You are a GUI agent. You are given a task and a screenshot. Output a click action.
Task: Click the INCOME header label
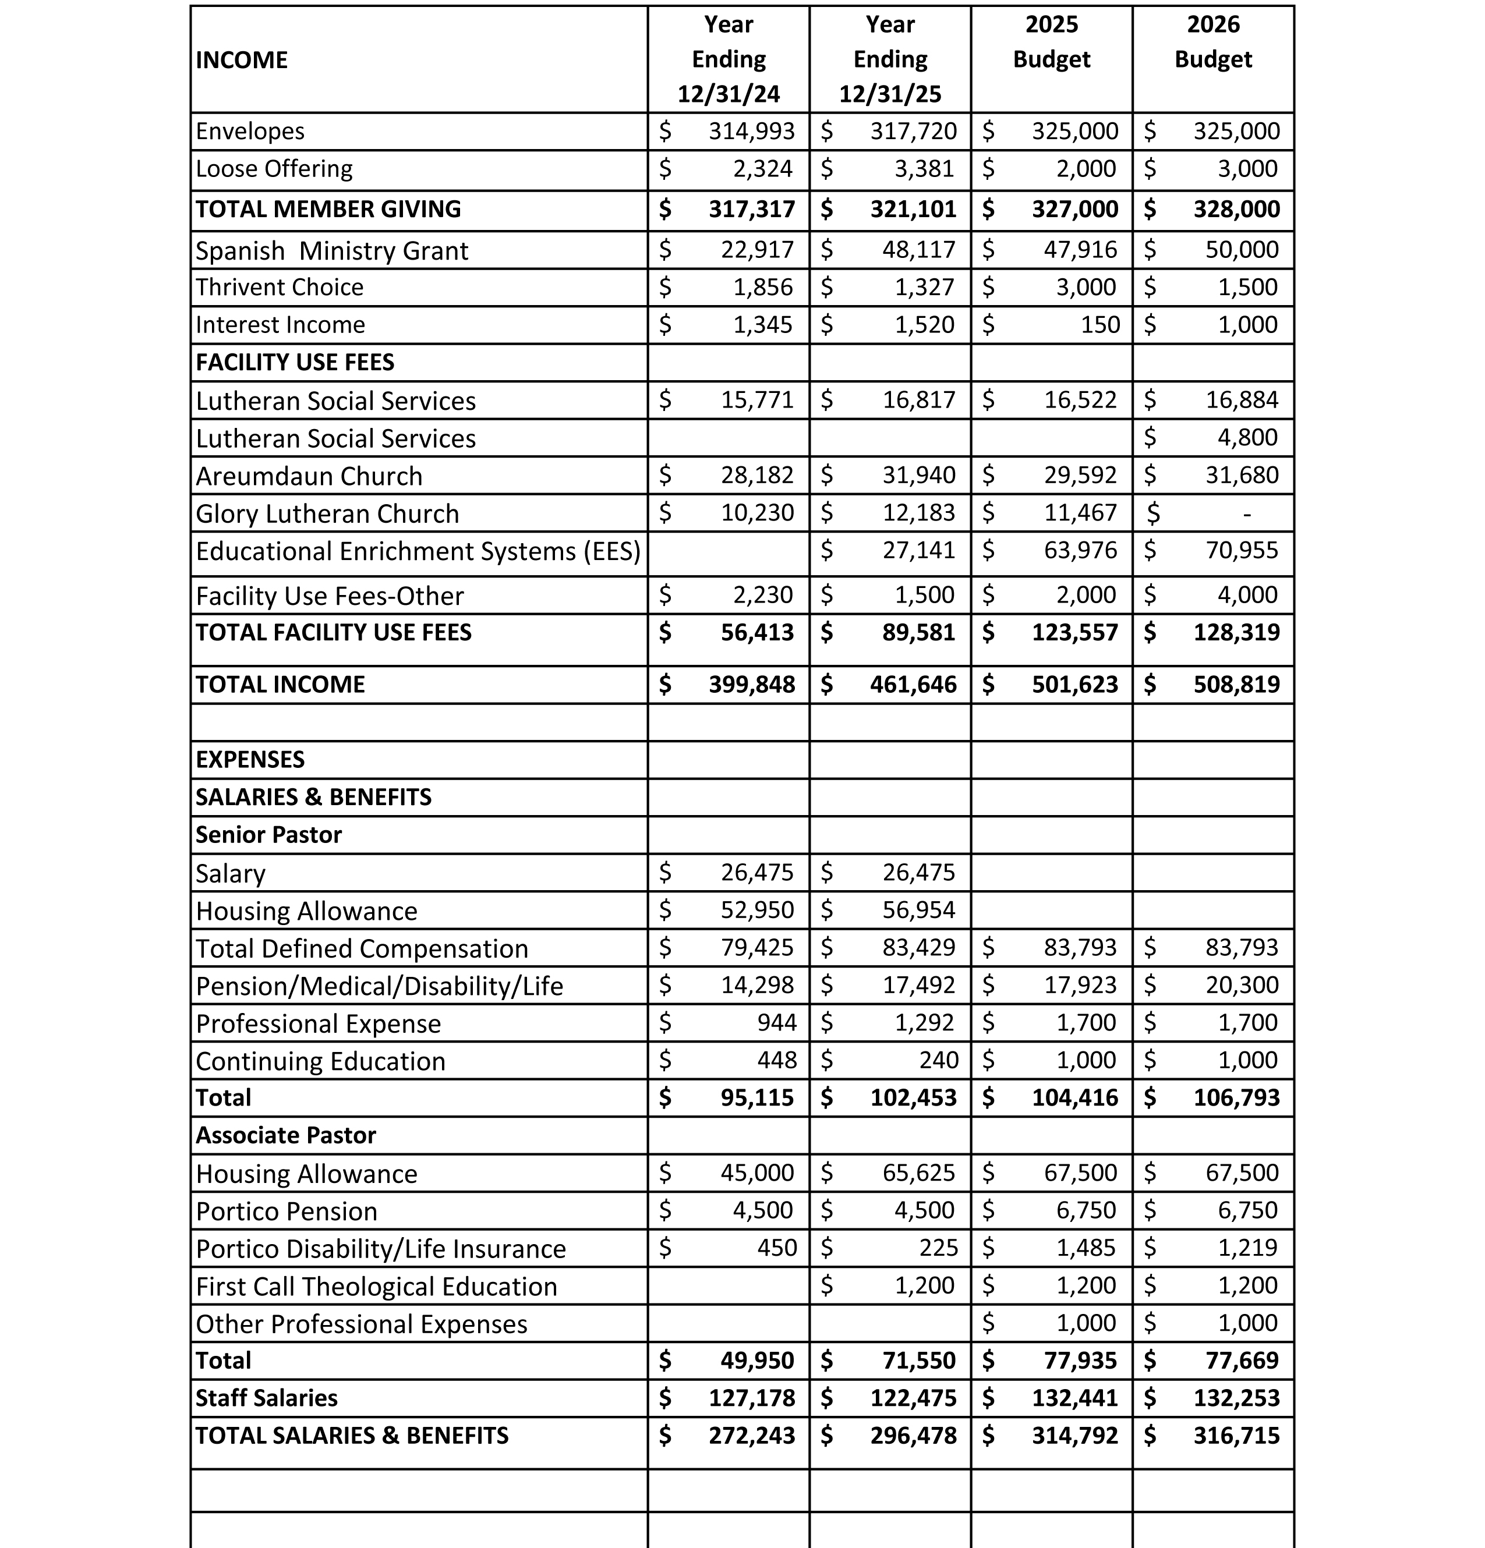(242, 60)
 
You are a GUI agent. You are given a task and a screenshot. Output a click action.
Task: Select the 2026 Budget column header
(1212, 42)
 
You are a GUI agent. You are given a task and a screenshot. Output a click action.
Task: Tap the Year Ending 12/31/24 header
(729, 59)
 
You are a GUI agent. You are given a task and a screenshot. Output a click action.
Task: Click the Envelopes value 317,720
(913, 131)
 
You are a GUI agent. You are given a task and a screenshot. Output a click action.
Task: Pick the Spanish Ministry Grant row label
(332, 250)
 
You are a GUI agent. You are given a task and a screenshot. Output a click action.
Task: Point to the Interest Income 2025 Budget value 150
(1099, 325)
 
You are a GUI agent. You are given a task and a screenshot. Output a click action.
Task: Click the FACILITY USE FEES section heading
(295, 363)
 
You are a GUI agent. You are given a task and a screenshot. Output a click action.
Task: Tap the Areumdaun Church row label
(309, 476)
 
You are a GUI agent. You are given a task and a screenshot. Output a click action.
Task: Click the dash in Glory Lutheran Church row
(1246, 514)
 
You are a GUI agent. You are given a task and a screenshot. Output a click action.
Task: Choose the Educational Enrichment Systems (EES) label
(418, 551)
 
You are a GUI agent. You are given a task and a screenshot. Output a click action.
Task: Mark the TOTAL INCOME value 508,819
(1236, 684)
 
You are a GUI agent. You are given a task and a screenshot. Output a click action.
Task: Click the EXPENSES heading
(250, 760)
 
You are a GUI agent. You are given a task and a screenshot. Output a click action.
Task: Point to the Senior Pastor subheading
(268, 835)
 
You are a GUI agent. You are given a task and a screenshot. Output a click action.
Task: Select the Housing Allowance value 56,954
(918, 910)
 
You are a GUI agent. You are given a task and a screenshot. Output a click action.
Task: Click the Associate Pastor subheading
(286, 1135)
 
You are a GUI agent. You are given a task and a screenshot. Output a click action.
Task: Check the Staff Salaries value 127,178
(751, 1398)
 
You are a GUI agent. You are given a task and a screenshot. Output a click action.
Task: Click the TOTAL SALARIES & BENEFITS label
(352, 1435)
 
